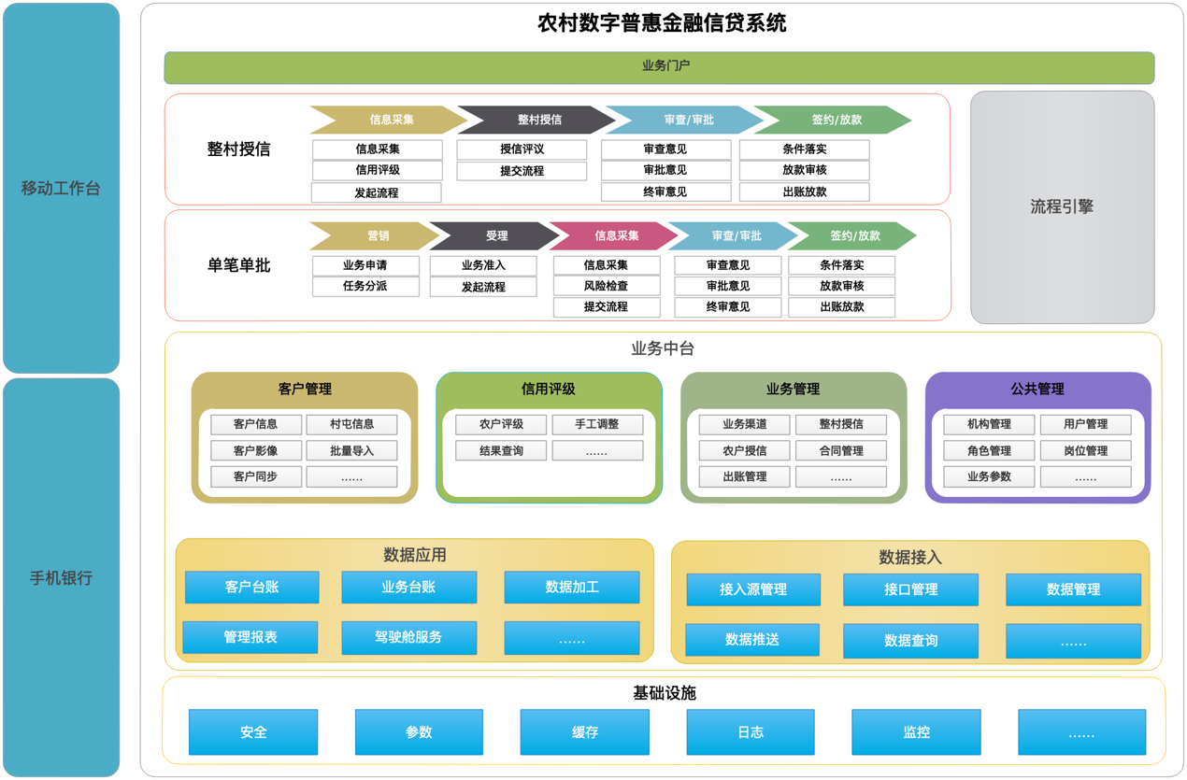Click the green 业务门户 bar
[659, 67]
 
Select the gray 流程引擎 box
[1062, 207]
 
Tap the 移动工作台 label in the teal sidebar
[61, 188]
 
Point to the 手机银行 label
[61, 577]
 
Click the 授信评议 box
[522, 149]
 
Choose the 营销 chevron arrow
[375, 235]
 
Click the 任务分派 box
[365, 287]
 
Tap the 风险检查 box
[607, 287]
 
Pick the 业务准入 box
[483, 265]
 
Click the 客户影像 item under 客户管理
[256, 450]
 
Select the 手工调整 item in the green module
[597, 424]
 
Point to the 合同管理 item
[841, 450]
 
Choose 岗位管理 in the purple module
[1085, 450]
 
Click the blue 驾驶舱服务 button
[408, 637]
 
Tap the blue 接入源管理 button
[753, 589]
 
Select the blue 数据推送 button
[752, 640]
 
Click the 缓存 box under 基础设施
[584, 731]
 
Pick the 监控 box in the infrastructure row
[916, 731]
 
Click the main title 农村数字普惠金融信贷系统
[662, 23]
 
